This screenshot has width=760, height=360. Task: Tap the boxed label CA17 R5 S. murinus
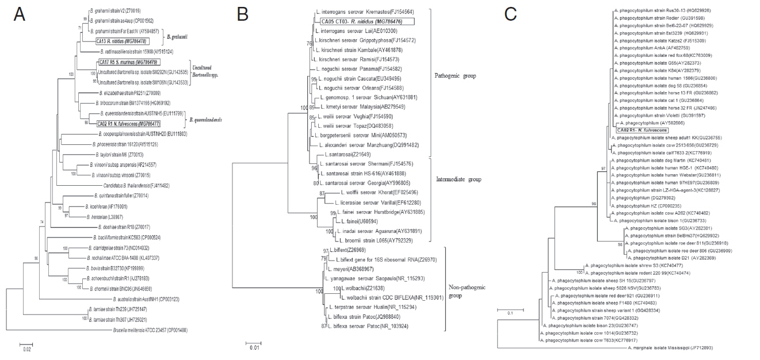point(128,62)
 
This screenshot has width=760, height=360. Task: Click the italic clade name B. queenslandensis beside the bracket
point(207,120)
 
